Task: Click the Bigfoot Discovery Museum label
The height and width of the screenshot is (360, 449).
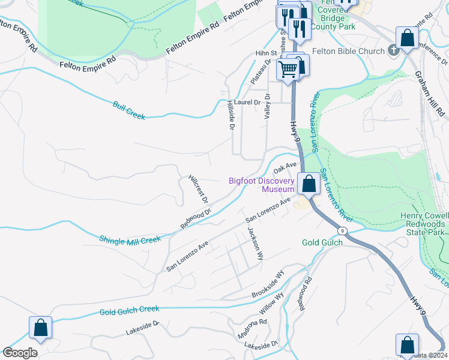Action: tap(262, 185)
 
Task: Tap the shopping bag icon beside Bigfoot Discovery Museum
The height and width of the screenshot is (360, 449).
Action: tap(309, 184)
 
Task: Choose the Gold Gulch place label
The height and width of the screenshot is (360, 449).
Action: tap(322, 242)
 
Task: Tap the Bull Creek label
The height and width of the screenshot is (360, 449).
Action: tap(129, 110)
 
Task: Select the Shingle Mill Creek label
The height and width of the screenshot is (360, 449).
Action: tap(130, 239)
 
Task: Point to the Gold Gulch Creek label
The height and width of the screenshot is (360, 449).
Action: tap(130, 310)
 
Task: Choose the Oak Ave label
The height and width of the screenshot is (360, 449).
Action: tap(287, 165)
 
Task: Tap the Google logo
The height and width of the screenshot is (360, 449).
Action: tap(20, 353)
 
